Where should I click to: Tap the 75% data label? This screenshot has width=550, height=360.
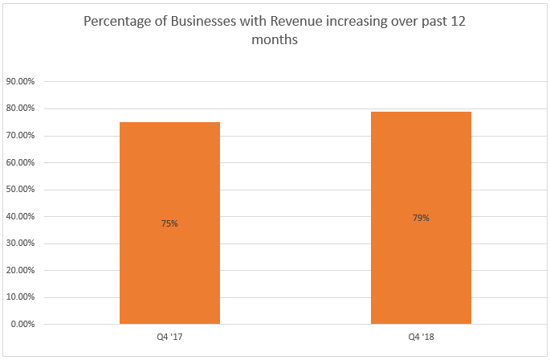click(x=169, y=223)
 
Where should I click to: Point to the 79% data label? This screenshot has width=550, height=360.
click(x=421, y=218)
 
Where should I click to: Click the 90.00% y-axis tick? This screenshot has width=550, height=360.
click(x=21, y=81)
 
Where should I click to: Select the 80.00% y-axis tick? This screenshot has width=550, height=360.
click(x=21, y=108)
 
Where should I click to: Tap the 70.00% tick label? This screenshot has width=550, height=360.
click(x=21, y=135)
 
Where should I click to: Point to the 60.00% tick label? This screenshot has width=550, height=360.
click(x=21, y=162)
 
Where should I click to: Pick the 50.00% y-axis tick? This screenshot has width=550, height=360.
click(x=21, y=190)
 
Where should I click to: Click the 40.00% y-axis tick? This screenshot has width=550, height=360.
click(x=21, y=216)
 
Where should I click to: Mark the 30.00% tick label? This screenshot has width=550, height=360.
click(x=21, y=243)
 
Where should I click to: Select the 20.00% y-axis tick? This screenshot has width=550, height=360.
click(x=21, y=270)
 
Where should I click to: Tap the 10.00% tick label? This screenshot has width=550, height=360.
click(x=21, y=297)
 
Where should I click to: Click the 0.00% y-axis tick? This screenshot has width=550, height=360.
click(x=23, y=324)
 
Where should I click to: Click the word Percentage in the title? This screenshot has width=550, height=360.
click(x=119, y=23)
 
